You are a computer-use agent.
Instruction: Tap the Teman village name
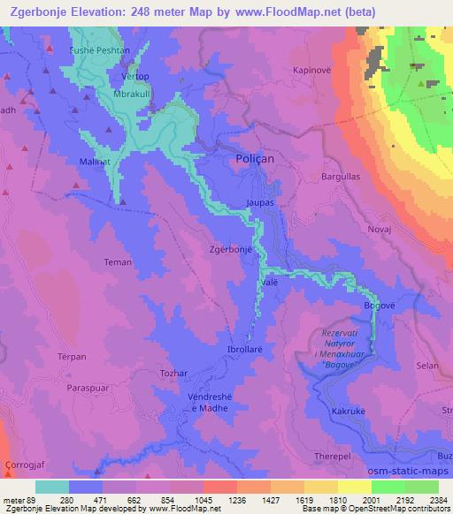118,261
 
